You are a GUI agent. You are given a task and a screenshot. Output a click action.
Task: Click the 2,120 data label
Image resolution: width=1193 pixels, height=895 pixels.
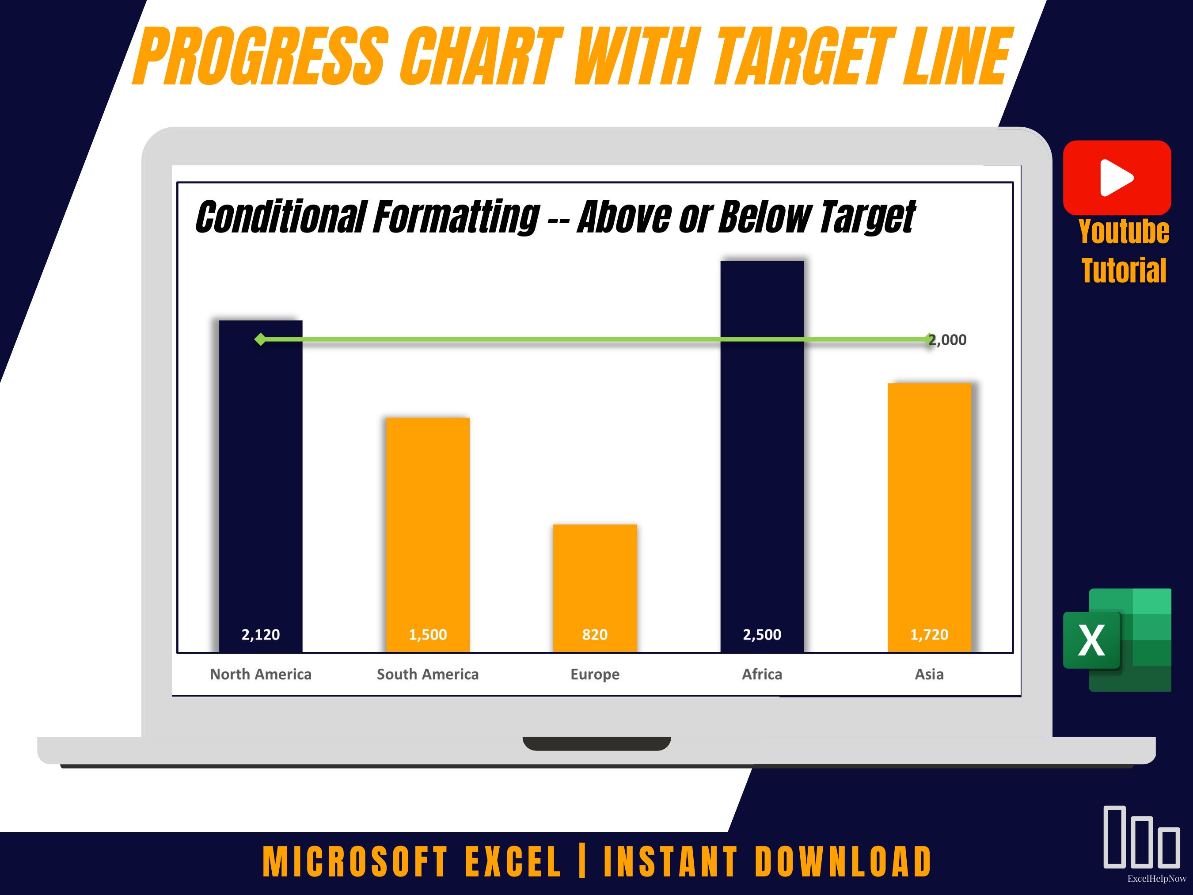[261, 634]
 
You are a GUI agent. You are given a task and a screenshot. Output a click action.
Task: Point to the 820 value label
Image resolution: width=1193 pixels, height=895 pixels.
[595, 634]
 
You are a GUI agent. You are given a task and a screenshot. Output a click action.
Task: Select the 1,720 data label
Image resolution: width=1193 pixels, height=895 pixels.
[929, 634]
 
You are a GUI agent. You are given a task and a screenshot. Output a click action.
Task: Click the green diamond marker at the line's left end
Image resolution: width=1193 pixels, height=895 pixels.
[261, 339]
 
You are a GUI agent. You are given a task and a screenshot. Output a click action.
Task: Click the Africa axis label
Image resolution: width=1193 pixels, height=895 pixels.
[762, 674]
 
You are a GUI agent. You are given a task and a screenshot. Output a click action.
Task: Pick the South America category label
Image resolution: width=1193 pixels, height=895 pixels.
[428, 674]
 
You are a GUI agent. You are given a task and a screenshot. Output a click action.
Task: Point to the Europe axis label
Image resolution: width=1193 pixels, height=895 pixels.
[595, 674]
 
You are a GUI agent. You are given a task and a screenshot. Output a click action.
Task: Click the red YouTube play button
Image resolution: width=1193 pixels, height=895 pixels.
[1117, 178]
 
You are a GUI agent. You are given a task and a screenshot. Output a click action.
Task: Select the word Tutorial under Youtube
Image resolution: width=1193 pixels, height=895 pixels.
[1124, 271]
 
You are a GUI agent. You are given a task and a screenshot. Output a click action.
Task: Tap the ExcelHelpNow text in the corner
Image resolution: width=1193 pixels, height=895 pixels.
[1156, 879]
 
